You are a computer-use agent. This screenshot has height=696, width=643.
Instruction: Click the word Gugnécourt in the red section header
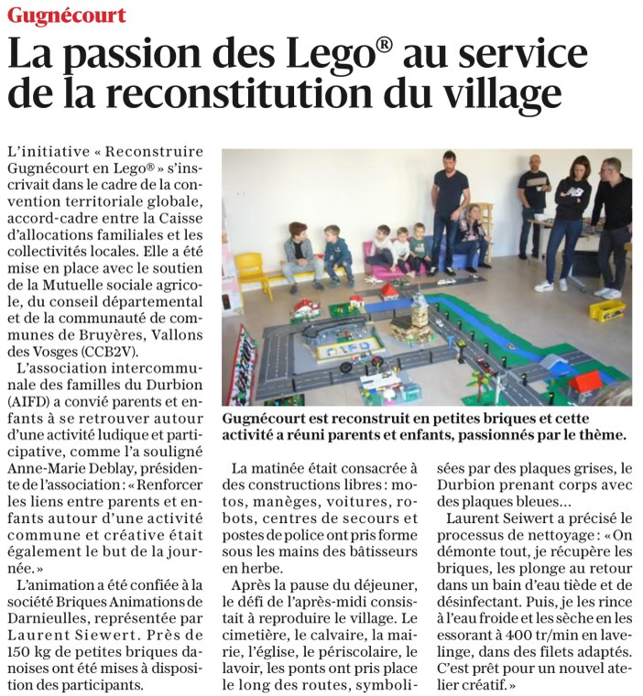coord(65,16)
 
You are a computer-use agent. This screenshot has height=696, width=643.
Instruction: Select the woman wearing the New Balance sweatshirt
coord(574,220)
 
